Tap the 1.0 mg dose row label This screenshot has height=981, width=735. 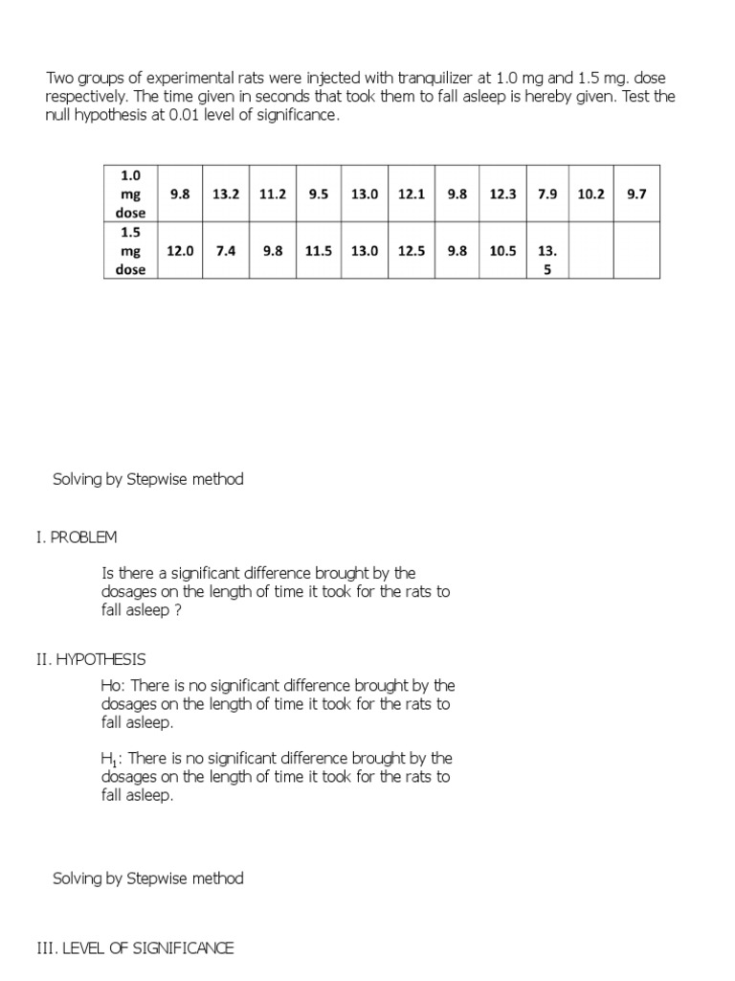click(130, 194)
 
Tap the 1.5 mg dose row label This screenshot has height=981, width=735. click(130, 251)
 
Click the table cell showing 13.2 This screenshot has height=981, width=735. click(226, 194)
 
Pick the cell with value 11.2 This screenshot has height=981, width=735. click(273, 194)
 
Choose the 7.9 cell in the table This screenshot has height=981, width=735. click(547, 194)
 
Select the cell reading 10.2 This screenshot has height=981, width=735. click(591, 194)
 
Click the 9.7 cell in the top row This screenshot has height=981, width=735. click(636, 194)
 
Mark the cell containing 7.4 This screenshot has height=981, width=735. click(226, 251)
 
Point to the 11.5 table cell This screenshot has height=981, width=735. click(319, 251)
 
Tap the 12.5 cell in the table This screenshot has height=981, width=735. click(411, 251)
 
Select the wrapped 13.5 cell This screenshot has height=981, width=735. click(547, 260)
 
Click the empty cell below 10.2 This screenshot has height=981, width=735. click(591, 251)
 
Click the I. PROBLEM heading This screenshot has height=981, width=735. click(77, 537)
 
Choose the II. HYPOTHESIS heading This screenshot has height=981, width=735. click(91, 660)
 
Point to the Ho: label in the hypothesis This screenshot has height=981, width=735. click(113, 686)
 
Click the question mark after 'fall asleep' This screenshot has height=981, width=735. click(177, 610)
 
